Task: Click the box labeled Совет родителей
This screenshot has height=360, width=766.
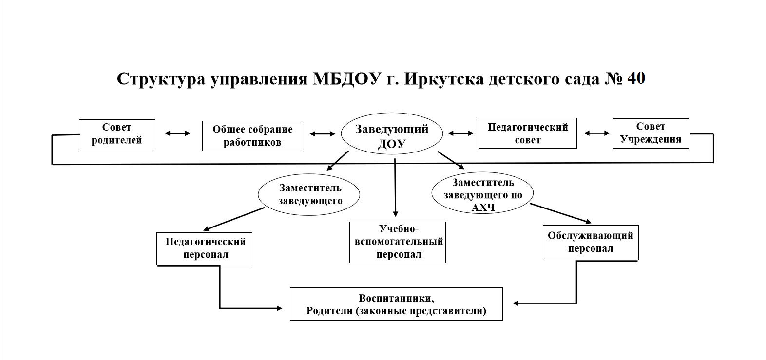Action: click(x=117, y=134)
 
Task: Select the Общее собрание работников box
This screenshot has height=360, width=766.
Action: click(x=252, y=136)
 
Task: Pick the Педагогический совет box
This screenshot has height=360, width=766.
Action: click(x=528, y=133)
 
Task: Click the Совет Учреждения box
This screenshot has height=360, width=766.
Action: click(x=651, y=133)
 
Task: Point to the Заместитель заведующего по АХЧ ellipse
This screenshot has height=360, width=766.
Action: click(x=482, y=193)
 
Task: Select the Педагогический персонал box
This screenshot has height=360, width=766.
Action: click(x=205, y=249)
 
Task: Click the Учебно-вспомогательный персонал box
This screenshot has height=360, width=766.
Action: click(x=397, y=243)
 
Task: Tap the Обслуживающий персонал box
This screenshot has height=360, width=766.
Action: click(x=591, y=243)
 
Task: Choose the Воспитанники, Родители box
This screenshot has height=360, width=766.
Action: click(x=396, y=304)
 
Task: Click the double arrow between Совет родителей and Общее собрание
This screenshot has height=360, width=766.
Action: click(x=177, y=133)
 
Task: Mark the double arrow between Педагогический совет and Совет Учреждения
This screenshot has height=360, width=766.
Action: click(x=597, y=133)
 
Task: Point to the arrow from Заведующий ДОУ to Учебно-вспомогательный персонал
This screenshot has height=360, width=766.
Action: click(x=395, y=188)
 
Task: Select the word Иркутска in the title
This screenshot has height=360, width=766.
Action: click(x=444, y=79)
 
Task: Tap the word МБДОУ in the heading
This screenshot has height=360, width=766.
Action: click(x=346, y=79)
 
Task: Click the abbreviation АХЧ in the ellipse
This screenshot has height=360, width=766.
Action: click(x=483, y=208)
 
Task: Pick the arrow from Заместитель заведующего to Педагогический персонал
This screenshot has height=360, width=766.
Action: click(x=233, y=219)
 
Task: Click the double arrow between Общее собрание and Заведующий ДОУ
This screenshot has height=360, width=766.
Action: click(x=323, y=133)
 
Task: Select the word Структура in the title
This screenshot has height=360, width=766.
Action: click(x=161, y=79)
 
